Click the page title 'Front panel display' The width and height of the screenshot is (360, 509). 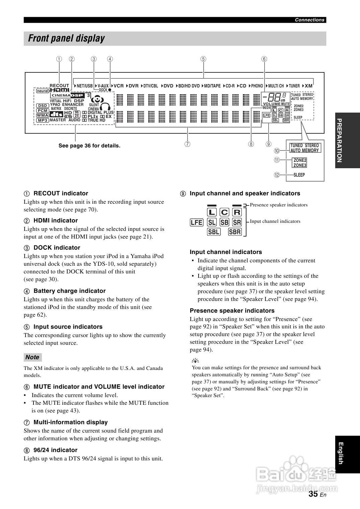pos(66,39)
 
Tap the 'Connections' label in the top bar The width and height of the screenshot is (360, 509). pos(309,20)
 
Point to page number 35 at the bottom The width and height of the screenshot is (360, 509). pos(313,494)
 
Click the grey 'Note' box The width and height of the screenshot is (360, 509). pos(32,357)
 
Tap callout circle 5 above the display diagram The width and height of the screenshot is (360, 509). pos(203,59)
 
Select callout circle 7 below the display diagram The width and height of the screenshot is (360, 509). pos(188,144)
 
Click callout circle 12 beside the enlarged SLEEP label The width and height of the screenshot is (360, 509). pos(277,175)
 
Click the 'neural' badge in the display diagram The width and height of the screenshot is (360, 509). pos(43,91)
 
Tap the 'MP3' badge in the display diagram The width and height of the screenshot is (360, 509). pos(43,120)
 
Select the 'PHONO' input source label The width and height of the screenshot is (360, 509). pos(257,86)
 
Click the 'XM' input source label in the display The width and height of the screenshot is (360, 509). pos(308,86)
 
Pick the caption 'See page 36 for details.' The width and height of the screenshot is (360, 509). pos(89,146)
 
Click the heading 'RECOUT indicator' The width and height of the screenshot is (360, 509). pos(61,193)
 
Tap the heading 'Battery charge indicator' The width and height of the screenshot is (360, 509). pos(69,291)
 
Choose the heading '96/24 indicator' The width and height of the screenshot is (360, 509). pos(55,450)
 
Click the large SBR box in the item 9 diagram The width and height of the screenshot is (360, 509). pos(235,232)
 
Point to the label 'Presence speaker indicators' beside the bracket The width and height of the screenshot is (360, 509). pos(279,205)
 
